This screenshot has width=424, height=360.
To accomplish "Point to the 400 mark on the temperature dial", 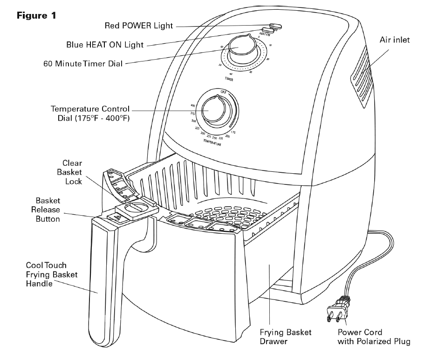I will [192, 106].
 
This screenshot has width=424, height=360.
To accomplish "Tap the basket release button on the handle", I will [116, 215].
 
